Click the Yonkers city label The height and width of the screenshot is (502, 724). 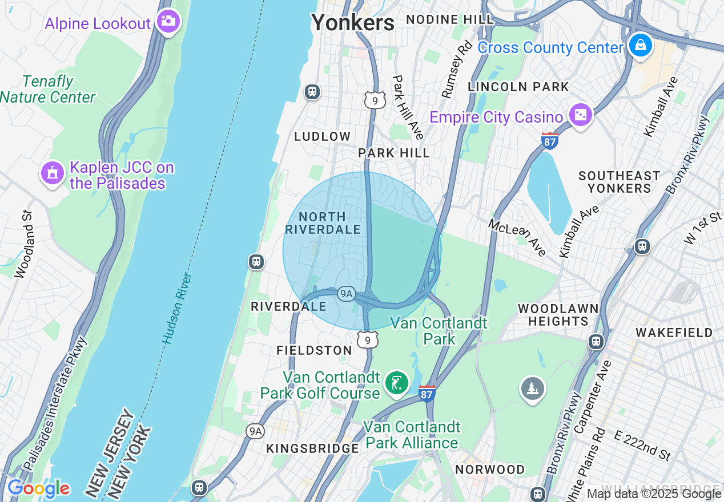[x=352, y=23]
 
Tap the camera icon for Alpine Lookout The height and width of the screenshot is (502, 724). [x=168, y=22]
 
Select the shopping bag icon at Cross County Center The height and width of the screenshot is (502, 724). [x=640, y=45]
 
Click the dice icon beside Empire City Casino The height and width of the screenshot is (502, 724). [x=580, y=116]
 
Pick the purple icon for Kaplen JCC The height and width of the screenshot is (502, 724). [x=53, y=173]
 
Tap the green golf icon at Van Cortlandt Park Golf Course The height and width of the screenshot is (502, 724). [x=396, y=383]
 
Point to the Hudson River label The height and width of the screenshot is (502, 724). [x=177, y=309]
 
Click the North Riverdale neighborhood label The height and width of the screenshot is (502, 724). [x=323, y=223]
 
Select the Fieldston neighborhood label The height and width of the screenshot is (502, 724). [x=314, y=350]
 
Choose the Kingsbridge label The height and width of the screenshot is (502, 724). [x=313, y=448]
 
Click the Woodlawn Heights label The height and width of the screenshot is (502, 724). [x=558, y=315]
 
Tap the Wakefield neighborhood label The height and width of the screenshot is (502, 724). [x=674, y=333]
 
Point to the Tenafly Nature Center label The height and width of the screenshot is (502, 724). [x=48, y=90]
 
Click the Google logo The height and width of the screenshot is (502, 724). [x=38, y=488]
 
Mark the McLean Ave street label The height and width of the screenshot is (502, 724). [x=517, y=237]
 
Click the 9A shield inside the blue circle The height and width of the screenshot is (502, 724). [x=347, y=294]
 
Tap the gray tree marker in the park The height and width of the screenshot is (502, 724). [x=532, y=389]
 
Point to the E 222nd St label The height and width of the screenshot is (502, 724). [x=642, y=446]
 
